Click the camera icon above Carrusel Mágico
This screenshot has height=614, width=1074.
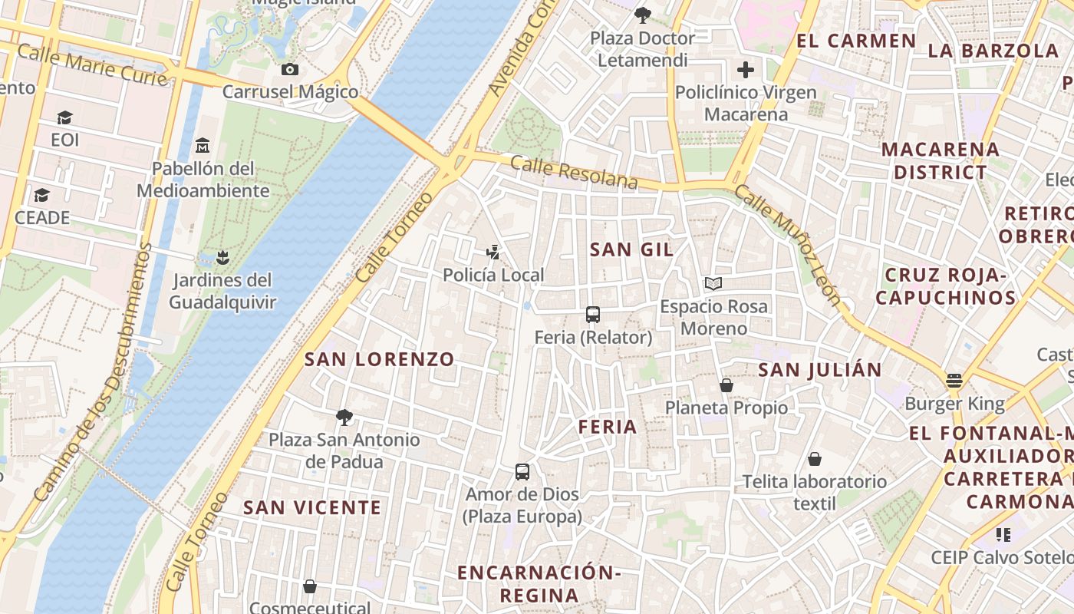pyautogui.click(x=289, y=70)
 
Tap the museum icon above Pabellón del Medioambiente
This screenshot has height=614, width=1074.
pyautogui.click(x=203, y=145)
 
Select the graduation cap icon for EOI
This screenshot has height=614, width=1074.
pyautogui.click(x=64, y=117)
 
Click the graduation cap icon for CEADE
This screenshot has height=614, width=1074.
pyautogui.click(x=41, y=195)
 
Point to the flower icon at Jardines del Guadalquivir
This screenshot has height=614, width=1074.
pyautogui.click(x=222, y=256)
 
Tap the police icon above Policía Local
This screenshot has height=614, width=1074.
pyautogui.click(x=493, y=251)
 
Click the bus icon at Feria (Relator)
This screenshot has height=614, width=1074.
pyautogui.click(x=593, y=314)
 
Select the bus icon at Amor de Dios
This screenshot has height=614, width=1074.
pyautogui.click(x=522, y=471)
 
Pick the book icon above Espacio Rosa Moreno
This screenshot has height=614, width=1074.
pyautogui.click(x=713, y=284)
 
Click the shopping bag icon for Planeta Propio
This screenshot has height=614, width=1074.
pyautogui.click(x=726, y=385)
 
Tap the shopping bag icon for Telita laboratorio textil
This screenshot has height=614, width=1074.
pyautogui.click(x=814, y=459)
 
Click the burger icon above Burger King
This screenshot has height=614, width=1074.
pyautogui.click(x=954, y=381)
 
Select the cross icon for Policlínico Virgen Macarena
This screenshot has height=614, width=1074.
pyautogui.click(x=746, y=71)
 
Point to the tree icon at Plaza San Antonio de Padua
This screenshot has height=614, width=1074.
pyautogui.click(x=344, y=418)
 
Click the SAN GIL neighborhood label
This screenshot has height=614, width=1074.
pyautogui.click(x=631, y=249)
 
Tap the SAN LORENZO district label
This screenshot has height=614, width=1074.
pyautogui.click(x=380, y=359)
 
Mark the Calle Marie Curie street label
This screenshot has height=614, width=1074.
pyautogui.click(x=91, y=64)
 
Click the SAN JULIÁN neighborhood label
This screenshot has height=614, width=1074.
pyautogui.click(x=820, y=370)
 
